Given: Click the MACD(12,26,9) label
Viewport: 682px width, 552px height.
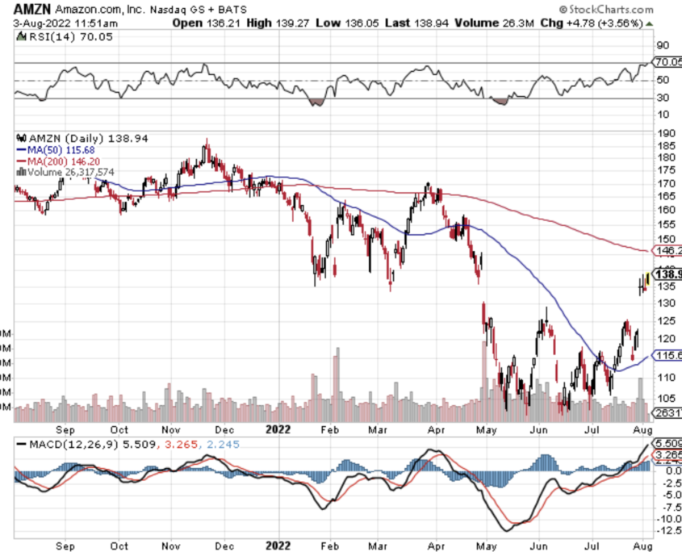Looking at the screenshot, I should pos(64,445).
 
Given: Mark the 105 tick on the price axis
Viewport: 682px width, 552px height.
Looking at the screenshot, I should pos(667,398).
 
